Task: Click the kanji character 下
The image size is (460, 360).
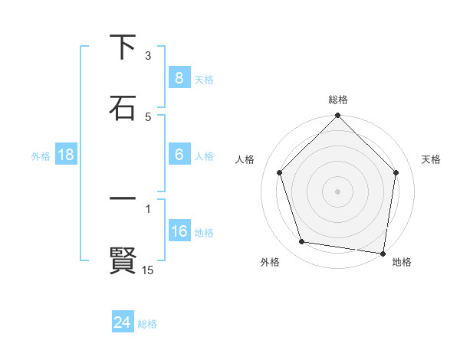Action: [x=123, y=47]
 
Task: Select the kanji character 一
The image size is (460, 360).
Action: [x=123, y=198]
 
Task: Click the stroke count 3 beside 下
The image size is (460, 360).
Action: [x=148, y=56]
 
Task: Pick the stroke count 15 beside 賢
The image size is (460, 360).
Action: [x=148, y=270]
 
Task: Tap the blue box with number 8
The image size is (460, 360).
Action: [x=179, y=78]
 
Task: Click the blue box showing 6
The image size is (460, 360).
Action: [x=179, y=155]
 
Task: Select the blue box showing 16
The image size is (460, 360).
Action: [x=179, y=231]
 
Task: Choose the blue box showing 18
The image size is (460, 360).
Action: [x=66, y=155]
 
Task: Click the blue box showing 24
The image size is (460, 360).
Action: [x=122, y=322]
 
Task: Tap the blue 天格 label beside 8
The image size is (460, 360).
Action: [x=204, y=80]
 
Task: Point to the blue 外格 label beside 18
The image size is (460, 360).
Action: [x=41, y=156]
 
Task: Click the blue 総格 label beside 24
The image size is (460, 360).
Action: [x=147, y=324]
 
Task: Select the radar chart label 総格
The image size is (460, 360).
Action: [x=338, y=100]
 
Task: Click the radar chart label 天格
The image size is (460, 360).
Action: [x=432, y=159]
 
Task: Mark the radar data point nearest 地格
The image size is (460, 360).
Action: [x=383, y=252]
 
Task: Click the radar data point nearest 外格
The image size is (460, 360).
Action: [x=302, y=242]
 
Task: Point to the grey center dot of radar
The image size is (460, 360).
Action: [x=337, y=191]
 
